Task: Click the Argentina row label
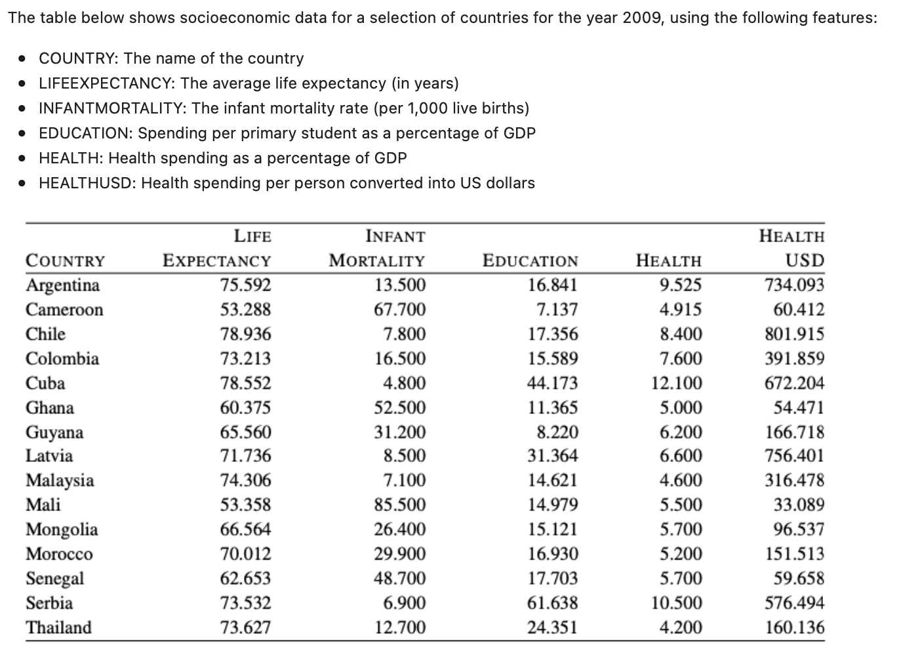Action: click(62, 285)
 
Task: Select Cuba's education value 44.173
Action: click(553, 383)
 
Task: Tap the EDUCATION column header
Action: click(530, 260)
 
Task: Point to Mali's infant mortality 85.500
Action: click(400, 505)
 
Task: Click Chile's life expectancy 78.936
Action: click(245, 334)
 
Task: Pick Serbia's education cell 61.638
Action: click(553, 603)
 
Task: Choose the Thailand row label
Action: click(59, 627)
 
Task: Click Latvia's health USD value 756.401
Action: click(794, 455)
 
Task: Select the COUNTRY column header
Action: click(65, 260)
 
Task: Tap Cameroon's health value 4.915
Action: click(681, 310)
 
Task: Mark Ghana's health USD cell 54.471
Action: click(799, 407)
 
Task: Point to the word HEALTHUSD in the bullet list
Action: click(84, 183)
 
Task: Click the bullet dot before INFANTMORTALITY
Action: click(22, 109)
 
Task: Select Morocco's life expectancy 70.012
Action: click(245, 554)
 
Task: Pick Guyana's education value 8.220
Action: click(557, 432)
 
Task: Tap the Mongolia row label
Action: click(62, 529)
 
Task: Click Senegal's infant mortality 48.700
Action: click(400, 578)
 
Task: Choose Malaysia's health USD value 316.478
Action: click(794, 480)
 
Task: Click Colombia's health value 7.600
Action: click(681, 358)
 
